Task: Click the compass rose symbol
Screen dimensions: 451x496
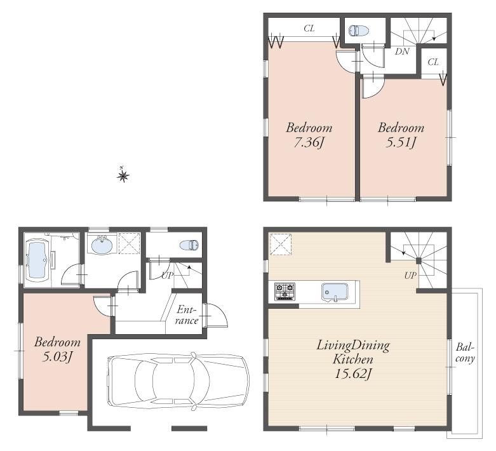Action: pos(123,175)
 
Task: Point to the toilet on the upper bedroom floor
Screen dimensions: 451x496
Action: pos(358,29)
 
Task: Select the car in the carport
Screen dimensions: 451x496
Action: pos(178,380)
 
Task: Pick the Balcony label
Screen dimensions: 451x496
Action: pos(466,353)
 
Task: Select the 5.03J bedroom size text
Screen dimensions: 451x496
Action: pos(57,356)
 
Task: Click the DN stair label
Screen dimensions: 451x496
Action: pos(401,51)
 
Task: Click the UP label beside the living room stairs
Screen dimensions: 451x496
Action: pos(410,276)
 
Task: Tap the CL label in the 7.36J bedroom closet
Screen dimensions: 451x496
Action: pos(309,28)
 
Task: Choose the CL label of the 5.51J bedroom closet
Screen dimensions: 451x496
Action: pos(432,62)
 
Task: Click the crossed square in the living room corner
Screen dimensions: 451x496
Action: pos(279,244)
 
